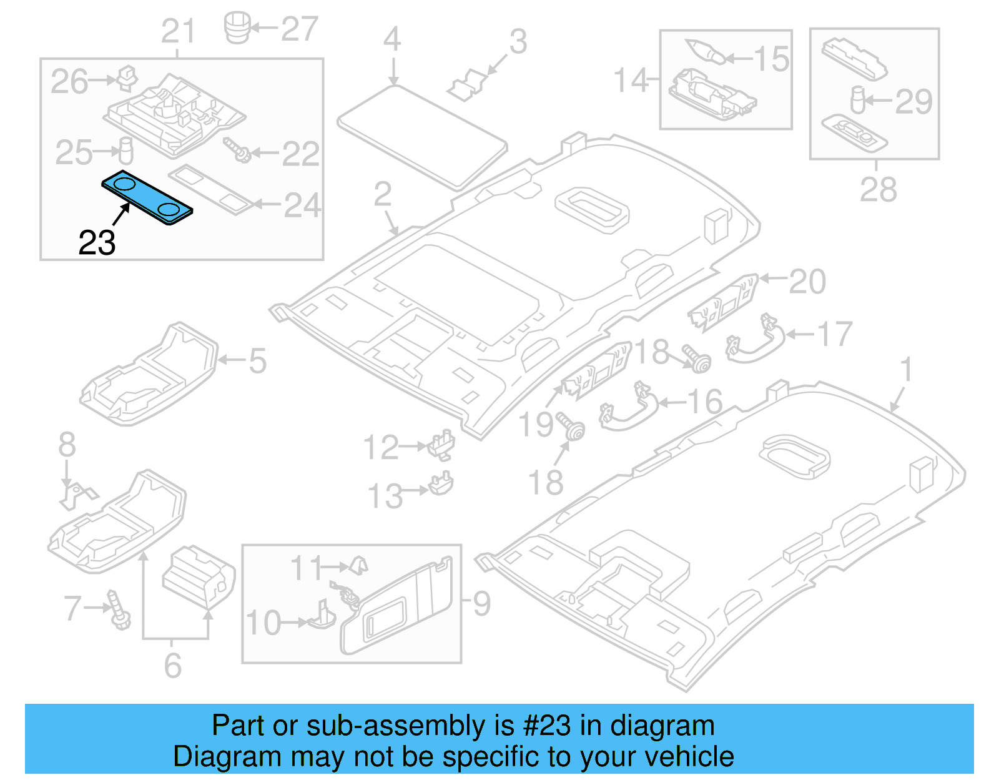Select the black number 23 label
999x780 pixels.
(x=97, y=243)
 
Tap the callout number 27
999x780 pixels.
(x=300, y=29)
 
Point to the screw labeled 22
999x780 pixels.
(x=237, y=150)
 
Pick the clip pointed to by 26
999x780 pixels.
(x=127, y=76)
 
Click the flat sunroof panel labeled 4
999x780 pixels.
(x=422, y=136)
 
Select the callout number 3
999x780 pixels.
(x=518, y=42)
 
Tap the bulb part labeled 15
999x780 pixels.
(x=706, y=51)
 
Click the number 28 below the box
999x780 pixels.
(x=878, y=189)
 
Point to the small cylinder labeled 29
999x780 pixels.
(x=858, y=99)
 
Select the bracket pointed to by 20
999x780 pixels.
(x=723, y=302)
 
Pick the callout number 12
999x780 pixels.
(x=381, y=447)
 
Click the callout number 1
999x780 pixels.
(x=907, y=370)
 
